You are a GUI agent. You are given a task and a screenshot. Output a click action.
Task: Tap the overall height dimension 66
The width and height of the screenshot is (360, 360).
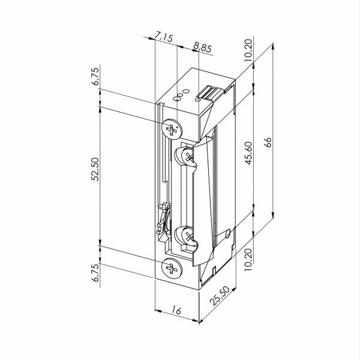[268, 142]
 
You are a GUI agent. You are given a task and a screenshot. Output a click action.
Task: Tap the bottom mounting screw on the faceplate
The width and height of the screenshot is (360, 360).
[172, 269]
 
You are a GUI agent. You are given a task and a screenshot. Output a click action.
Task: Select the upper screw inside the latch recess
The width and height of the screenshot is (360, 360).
[188, 158]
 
